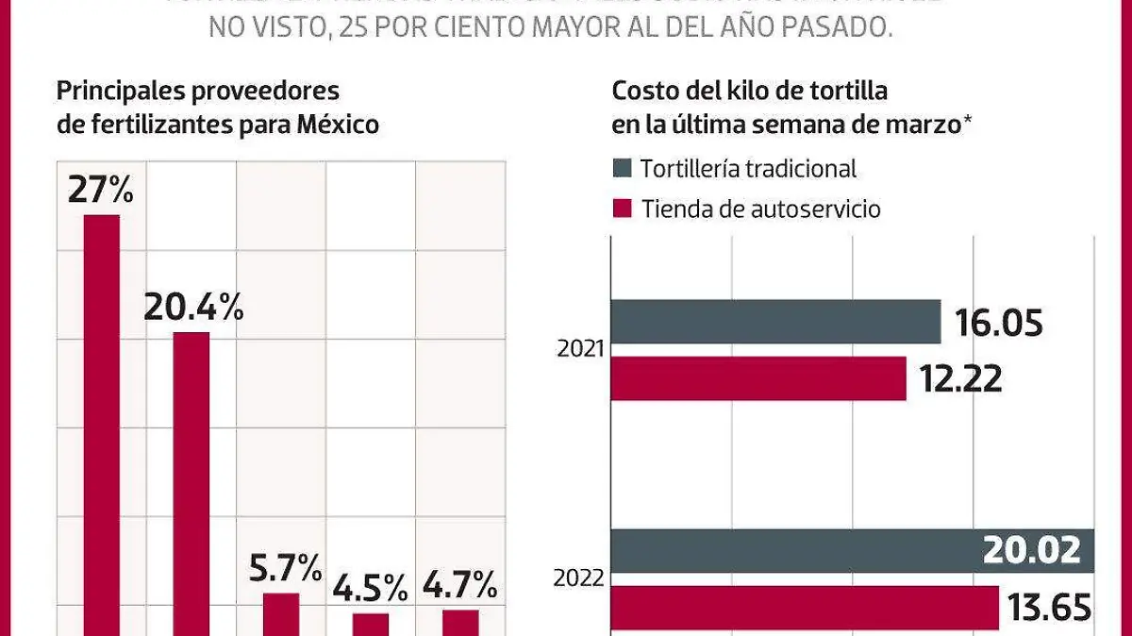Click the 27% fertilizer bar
(x=102, y=425)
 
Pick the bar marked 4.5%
(x=371, y=624)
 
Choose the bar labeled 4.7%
(x=460, y=622)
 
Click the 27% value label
(x=100, y=190)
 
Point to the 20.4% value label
(x=193, y=307)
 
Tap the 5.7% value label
(x=281, y=568)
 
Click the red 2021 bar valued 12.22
(x=758, y=378)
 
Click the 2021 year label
(x=581, y=349)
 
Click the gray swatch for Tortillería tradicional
(x=622, y=169)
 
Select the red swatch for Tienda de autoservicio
(x=622, y=209)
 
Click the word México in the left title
(x=332, y=124)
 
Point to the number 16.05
(x=998, y=323)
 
